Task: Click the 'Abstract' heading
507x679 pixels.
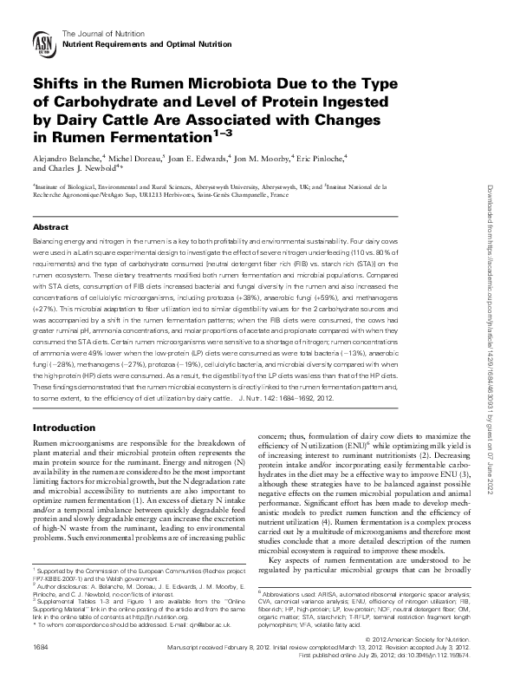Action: [x=50, y=226]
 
